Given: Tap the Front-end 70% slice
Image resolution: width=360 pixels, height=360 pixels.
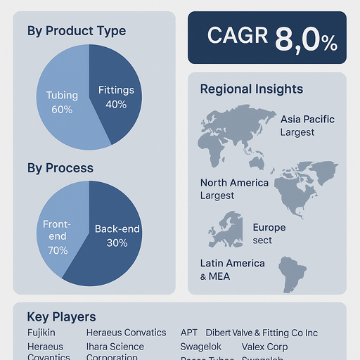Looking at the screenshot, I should tap(55, 236).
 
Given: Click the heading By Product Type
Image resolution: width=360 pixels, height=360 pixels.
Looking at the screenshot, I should tap(77, 31).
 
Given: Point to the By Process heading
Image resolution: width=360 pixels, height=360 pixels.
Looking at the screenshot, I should tap(60, 168).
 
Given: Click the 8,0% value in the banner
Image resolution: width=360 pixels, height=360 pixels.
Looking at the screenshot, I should tap(306, 39).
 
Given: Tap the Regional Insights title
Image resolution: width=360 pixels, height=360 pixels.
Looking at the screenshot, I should tap(252, 89).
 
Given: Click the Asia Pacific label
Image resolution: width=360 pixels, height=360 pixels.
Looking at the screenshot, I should tap(307, 119).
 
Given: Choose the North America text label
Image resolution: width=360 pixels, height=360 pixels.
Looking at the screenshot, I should tap(234, 183).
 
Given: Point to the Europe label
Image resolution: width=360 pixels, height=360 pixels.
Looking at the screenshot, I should tap(269, 228).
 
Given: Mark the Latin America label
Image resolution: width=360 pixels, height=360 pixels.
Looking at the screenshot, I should tap(233, 263).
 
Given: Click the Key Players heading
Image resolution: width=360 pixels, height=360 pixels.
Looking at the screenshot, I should tap(61, 317).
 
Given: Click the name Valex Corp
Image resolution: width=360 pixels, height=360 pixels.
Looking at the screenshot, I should tap(264, 347).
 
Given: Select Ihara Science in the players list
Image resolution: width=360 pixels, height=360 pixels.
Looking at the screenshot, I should tap(115, 347).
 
